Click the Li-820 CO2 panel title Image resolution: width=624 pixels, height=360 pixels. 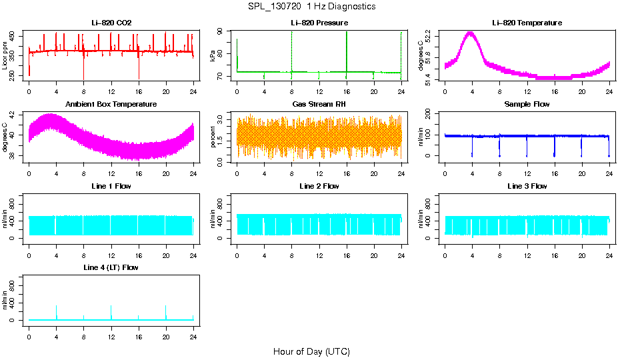click(x=111, y=23)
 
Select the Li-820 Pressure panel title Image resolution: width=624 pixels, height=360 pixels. click(x=319, y=23)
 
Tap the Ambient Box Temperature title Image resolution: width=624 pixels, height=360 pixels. click(x=111, y=105)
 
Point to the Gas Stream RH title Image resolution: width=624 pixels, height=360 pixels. click(x=319, y=105)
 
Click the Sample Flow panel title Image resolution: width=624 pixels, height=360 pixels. click(x=527, y=105)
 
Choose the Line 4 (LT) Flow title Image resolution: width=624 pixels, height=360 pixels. click(x=111, y=267)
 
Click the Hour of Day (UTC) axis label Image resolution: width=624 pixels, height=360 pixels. click(x=311, y=351)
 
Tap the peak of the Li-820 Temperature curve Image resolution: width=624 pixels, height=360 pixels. click(x=471, y=33)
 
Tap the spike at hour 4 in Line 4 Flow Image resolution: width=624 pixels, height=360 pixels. click(x=56, y=307)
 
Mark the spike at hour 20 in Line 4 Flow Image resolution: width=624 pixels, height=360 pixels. click(x=166, y=307)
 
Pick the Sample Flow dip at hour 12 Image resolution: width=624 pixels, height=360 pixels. click(x=527, y=155)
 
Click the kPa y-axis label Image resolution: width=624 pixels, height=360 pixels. click(x=213, y=56)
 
